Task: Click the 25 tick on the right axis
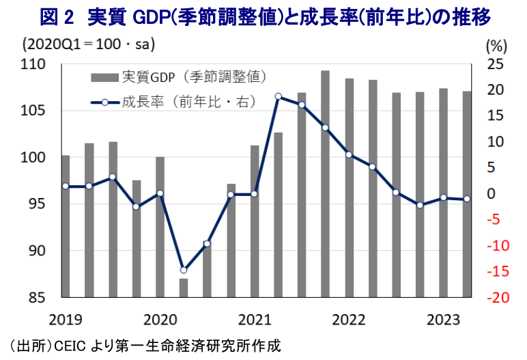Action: (x=496, y=64)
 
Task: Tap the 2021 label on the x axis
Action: (x=254, y=320)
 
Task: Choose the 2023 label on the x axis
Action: (x=442, y=320)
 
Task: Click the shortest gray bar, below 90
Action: (x=184, y=288)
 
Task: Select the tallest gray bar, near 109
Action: (x=326, y=184)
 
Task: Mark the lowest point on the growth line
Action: (x=184, y=270)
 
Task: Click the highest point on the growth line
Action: (x=279, y=96)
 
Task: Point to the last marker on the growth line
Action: (x=467, y=199)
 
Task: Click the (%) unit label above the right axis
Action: (x=496, y=46)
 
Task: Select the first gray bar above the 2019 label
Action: (x=66, y=226)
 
